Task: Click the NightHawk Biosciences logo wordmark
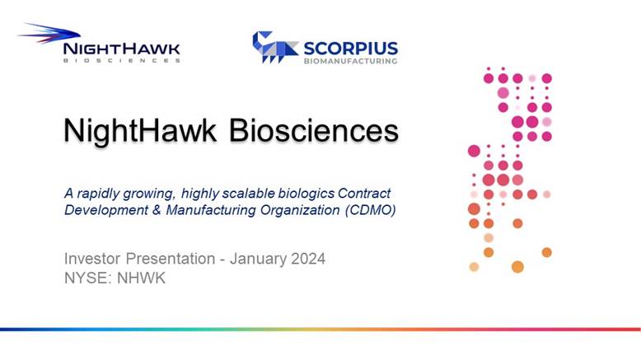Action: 121,49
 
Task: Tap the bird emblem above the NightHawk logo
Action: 49,33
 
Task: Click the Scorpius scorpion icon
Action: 274,47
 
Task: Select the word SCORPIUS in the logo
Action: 351,49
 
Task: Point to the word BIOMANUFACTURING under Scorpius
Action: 351,61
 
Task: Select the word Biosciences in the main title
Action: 314,131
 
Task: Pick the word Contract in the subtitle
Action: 364,193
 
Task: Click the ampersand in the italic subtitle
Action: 157,210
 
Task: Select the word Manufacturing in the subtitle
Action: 211,210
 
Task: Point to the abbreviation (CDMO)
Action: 371,210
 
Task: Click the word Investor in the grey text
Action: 92,259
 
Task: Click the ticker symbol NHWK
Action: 141,278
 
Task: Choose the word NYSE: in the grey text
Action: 88,278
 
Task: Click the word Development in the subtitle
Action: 106,210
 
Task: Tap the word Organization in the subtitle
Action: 300,210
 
